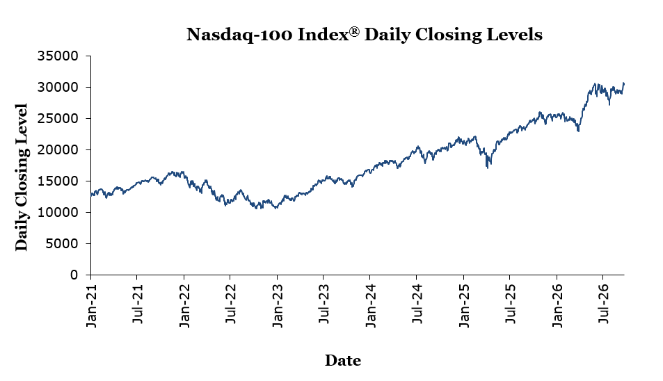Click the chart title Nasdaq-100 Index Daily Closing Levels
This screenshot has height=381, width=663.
[365, 34]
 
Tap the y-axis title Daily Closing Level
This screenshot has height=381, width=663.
[21, 177]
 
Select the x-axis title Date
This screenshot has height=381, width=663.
[343, 360]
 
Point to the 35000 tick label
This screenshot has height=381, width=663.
[58, 56]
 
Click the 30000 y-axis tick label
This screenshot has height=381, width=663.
[58, 87]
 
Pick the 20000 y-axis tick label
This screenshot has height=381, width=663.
[58, 149]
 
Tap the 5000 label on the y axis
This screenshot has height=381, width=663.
[61, 243]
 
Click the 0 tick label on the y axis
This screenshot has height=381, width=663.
[74, 275]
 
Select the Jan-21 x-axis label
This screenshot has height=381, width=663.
[91, 305]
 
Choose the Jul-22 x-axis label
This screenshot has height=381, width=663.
[230, 304]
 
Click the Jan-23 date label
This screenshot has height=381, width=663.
[278, 305]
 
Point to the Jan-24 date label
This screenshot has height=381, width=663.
[370, 305]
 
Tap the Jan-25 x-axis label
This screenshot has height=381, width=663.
[464, 305]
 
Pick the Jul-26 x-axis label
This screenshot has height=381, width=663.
[602, 304]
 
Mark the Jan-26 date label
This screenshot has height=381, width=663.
[557, 305]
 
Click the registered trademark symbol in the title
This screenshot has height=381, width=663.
[354, 31]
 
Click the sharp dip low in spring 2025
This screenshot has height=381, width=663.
[488, 168]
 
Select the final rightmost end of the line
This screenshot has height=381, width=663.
[623, 83]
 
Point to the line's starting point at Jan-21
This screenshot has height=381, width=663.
[91, 194]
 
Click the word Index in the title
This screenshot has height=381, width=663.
[323, 34]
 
